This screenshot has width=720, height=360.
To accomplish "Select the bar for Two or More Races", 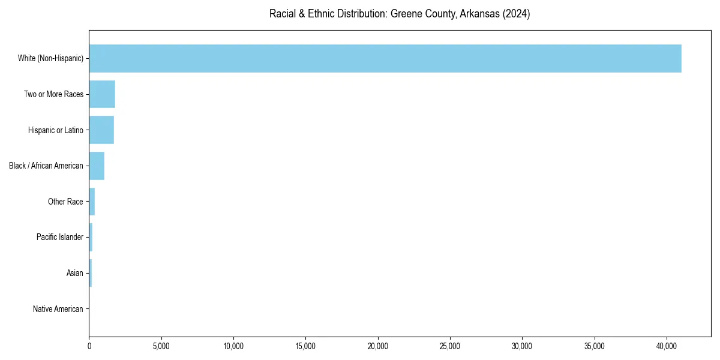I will tap(102, 94).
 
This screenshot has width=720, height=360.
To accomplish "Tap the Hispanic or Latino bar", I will tap(101, 130).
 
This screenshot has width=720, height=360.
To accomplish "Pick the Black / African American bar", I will tap(97, 166).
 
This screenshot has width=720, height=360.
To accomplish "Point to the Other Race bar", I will tap(92, 202).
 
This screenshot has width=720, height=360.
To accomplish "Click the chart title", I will tap(400, 14).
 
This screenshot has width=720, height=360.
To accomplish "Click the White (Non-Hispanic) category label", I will tap(50, 58).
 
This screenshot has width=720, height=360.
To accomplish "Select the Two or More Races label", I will tap(53, 94).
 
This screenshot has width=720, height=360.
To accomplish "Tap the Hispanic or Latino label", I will tap(55, 130).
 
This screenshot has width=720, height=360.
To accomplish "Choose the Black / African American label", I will tap(46, 166).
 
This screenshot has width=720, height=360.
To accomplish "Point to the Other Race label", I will tap(65, 202).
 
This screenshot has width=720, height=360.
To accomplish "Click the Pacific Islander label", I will tap(59, 238).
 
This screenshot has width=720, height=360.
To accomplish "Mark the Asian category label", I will tap(74, 274).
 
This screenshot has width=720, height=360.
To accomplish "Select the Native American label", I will tap(58, 309).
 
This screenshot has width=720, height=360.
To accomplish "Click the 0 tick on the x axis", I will tap(89, 346).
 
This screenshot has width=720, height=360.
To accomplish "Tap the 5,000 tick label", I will tap(161, 346).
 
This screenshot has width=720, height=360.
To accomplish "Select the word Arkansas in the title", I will tap(479, 14).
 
